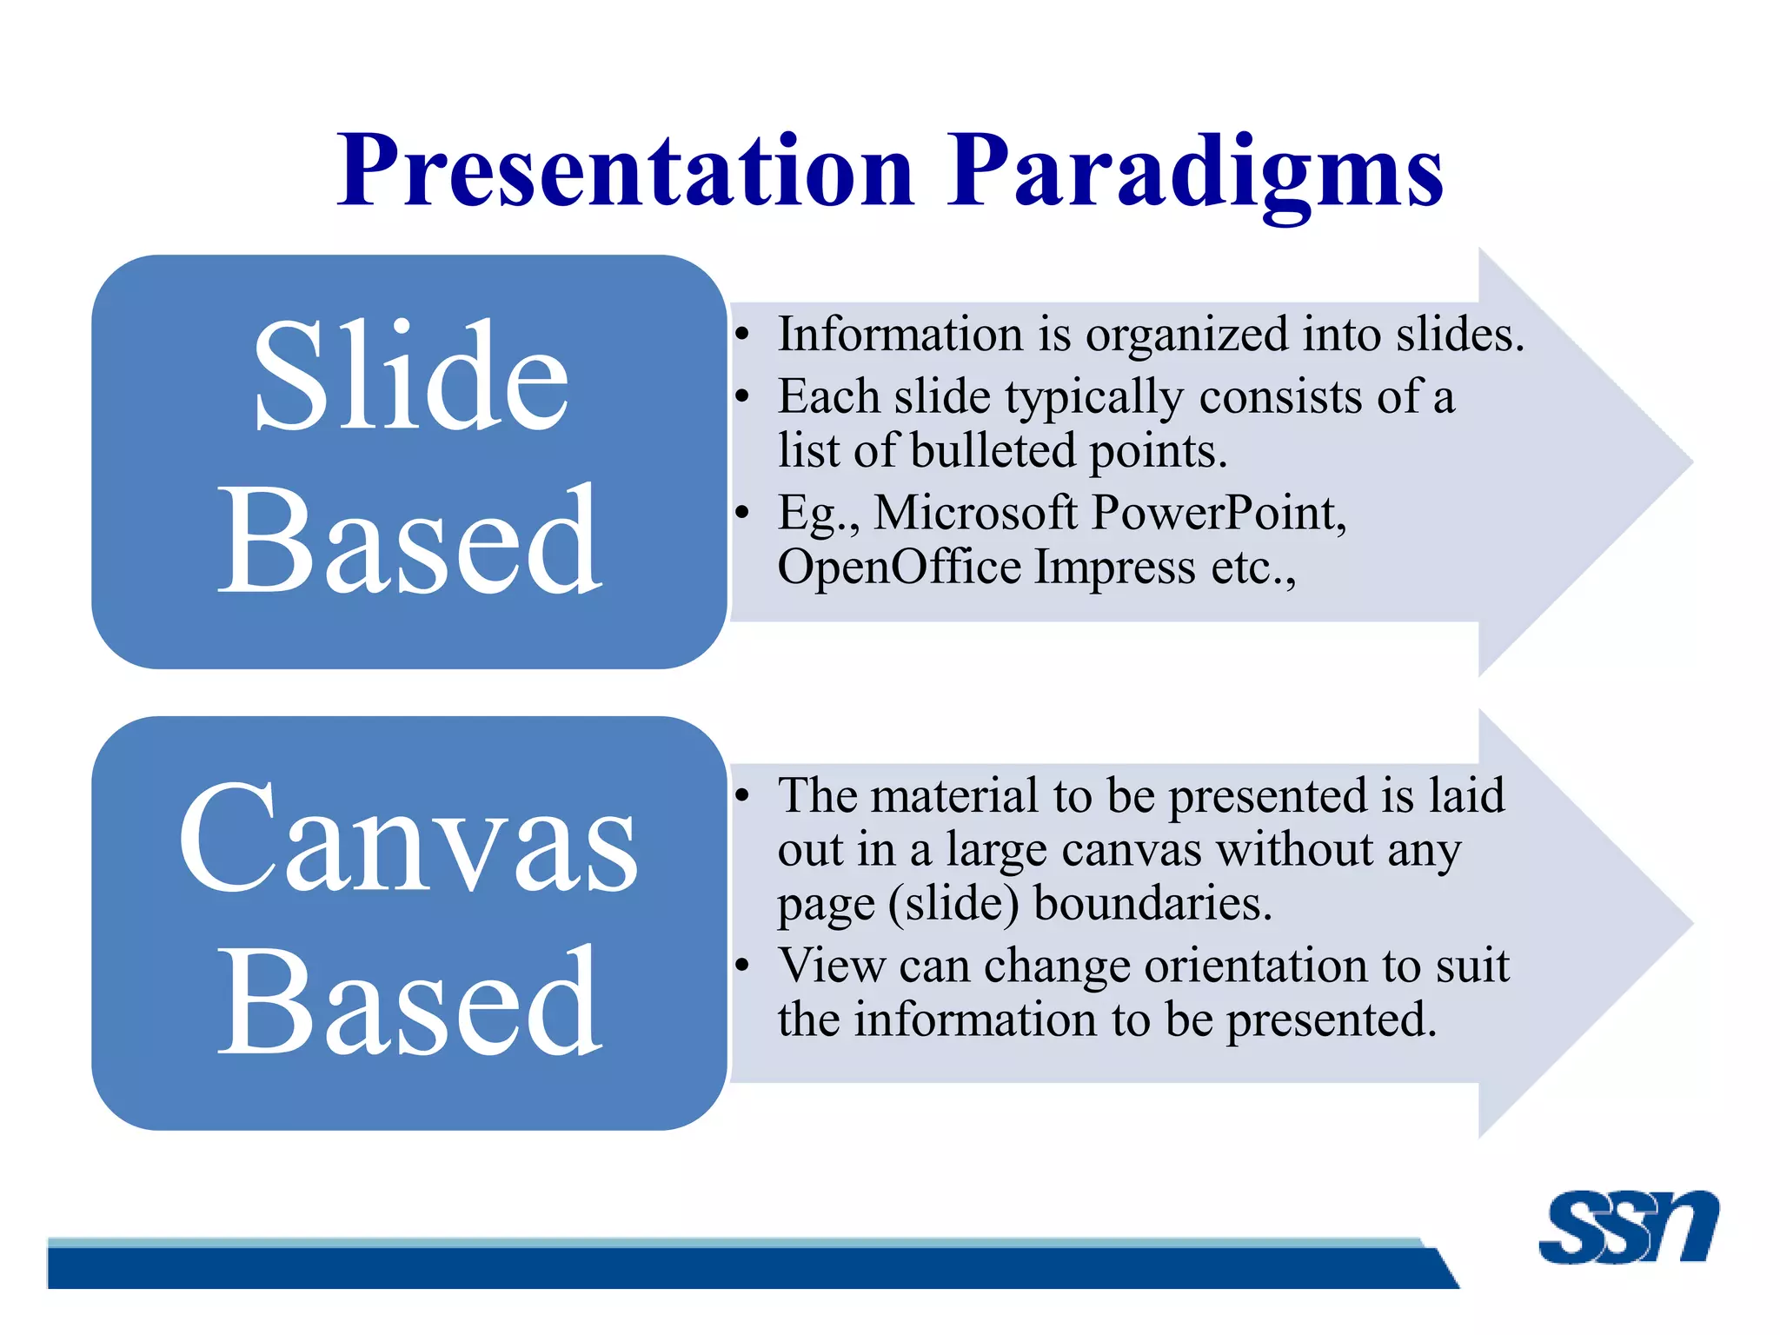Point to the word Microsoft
pos(975,512)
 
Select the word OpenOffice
pos(899,567)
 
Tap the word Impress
pos(1116,568)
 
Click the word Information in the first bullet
pos(900,334)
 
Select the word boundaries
pos(1152,903)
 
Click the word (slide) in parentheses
pos(953,905)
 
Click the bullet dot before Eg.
pos(741,514)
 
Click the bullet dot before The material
pos(741,795)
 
